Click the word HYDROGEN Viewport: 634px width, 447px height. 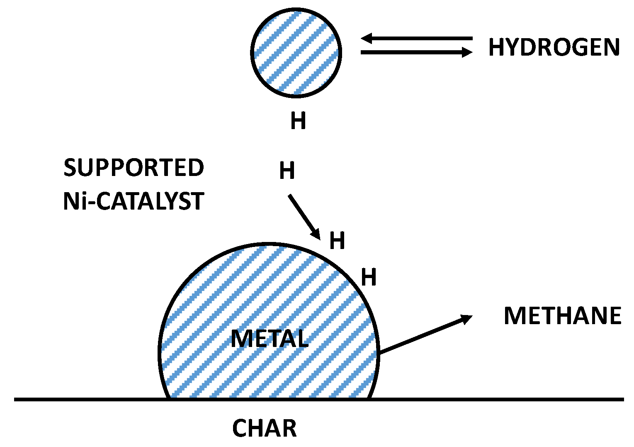pyautogui.click(x=554, y=47)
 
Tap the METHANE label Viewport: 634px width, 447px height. pyautogui.click(x=562, y=316)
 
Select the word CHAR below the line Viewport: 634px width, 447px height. pyautogui.click(x=265, y=428)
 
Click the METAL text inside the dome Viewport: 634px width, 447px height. pyautogui.click(x=270, y=339)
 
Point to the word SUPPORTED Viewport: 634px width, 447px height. pyautogui.click(x=134, y=168)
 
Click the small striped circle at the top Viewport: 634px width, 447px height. pyautogui.click(x=296, y=53)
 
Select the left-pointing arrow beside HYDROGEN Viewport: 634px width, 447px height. pyautogui.click(x=416, y=39)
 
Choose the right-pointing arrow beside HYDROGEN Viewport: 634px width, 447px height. pyautogui.click(x=416, y=52)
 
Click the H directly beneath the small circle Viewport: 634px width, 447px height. pyautogui.click(x=298, y=121)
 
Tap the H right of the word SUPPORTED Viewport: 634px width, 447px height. pyautogui.click(x=287, y=171)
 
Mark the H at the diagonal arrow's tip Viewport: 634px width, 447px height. pyautogui.click(x=337, y=241)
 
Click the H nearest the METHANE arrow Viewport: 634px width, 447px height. pyautogui.click(x=369, y=277)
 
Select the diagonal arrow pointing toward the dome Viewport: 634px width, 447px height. pyautogui.click(x=304, y=217)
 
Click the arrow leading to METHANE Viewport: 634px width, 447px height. pyautogui.click(x=425, y=335)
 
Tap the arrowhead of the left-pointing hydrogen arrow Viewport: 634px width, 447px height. pyautogui.click(x=366, y=39)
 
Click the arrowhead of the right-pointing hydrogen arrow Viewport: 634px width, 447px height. pyautogui.click(x=467, y=52)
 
